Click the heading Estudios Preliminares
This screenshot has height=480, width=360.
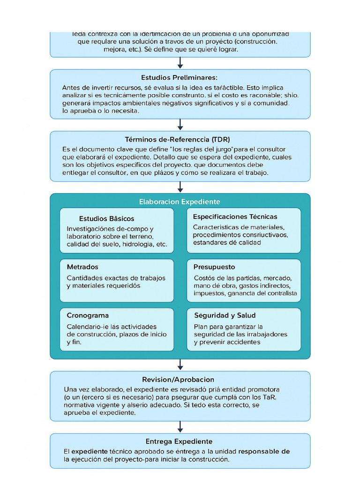coord(180,77)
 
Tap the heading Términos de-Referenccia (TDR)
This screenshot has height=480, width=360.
coord(177,140)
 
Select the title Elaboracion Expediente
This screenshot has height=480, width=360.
coord(180,202)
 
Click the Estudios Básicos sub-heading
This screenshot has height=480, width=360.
coord(106,218)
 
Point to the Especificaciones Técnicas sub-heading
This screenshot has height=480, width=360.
coord(235,217)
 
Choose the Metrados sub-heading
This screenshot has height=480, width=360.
coord(82,267)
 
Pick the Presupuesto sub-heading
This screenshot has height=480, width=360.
coord(214,267)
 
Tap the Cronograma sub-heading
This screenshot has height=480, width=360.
coord(88,315)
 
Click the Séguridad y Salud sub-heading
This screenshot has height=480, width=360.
coord(225,315)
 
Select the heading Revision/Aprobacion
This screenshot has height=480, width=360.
coord(178,379)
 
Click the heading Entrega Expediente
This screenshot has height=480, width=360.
coord(179,441)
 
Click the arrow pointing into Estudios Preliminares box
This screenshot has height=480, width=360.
coord(180,63)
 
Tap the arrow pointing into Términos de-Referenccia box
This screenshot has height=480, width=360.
coord(180,125)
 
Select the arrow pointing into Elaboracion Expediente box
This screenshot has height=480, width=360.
coord(180,187)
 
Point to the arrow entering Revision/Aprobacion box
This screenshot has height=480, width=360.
coord(180,365)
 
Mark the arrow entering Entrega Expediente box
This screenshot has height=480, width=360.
coord(180,427)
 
